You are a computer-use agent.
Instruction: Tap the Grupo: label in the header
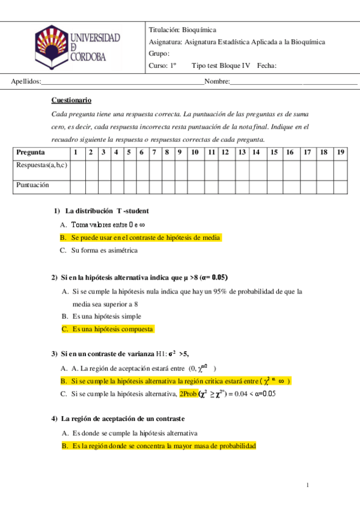tap(159, 53)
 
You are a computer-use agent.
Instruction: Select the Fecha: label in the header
tap(266, 66)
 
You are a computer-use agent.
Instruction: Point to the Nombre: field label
tap(216, 82)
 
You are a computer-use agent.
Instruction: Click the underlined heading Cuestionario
tap(72, 100)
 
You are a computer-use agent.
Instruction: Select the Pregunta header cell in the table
tap(31, 153)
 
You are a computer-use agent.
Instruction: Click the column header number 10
tap(195, 153)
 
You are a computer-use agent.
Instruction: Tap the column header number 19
tap(341, 153)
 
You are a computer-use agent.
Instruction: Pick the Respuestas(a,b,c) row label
tap(41, 165)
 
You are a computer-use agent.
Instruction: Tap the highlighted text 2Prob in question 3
tap(188, 394)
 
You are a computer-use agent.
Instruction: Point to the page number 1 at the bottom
tap(307, 485)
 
